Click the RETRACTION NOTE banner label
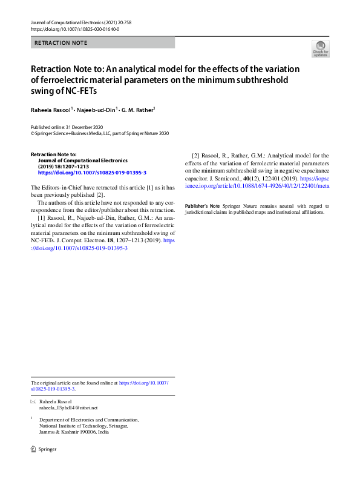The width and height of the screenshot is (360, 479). (x=61, y=43)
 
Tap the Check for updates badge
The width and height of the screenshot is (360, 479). (x=320, y=48)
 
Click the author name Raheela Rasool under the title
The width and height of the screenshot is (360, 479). (x=51, y=110)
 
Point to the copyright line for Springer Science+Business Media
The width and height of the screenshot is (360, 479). (x=100, y=133)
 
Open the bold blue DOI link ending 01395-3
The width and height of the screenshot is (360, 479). (x=92, y=173)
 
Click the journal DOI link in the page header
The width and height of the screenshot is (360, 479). (x=74, y=29)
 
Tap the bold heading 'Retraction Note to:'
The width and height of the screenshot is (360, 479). (x=54, y=154)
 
